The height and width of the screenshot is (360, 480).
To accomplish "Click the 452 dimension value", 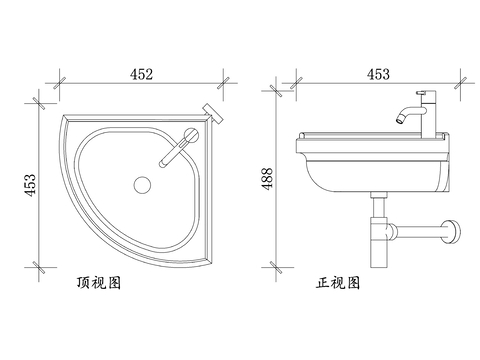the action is pyautogui.click(x=141, y=74).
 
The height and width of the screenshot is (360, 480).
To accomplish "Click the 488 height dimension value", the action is pyautogui.click(x=268, y=179).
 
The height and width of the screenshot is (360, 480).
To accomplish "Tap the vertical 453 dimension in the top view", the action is pyautogui.click(x=30, y=185).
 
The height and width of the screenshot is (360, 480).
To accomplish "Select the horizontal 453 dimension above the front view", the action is pyautogui.click(x=378, y=74).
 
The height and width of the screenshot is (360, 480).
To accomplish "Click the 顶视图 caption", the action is pyautogui.click(x=99, y=283).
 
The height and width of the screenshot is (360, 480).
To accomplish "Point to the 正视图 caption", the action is pyautogui.click(x=338, y=283).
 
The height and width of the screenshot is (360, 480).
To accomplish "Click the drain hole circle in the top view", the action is pyautogui.click(x=142, y=185).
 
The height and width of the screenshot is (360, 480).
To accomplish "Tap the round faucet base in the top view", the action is pyautogui.click(x=191, y=135).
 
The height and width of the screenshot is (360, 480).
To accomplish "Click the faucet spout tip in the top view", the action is pyautogui.click(x=163, y=164).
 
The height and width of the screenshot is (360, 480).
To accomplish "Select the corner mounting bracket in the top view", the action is pyautogui.click(x=213, y=114).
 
